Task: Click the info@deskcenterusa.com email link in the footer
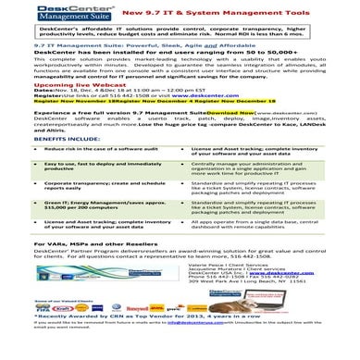195,351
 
